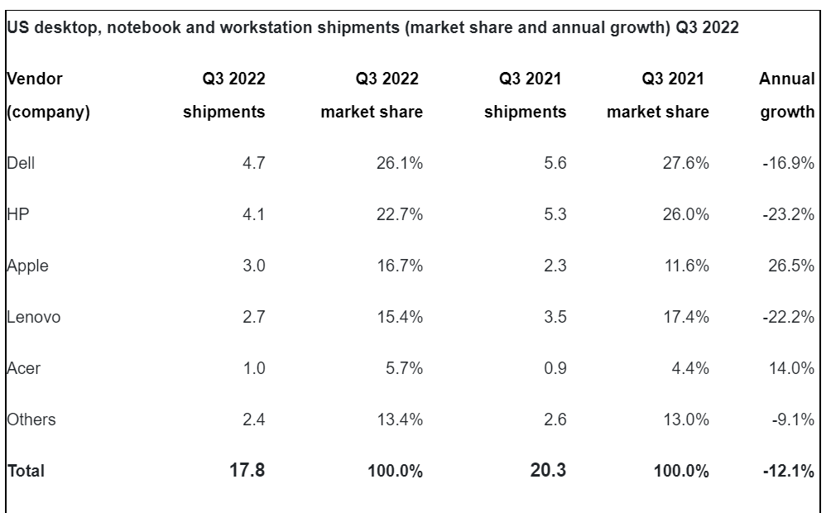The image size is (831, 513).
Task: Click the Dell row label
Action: (x=21, y=163)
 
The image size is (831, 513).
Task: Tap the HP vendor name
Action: (x=18, y=214)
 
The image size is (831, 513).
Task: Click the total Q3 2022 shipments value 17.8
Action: (x=246, y=471)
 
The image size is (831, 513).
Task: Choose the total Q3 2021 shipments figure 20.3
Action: (x=547, y=471)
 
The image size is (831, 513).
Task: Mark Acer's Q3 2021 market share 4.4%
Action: (x=688, y=368)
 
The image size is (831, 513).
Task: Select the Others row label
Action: (x=31, y=420)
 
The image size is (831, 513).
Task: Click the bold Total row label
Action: (x=26, y=471)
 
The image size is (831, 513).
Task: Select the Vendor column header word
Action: (x=35, y=79)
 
